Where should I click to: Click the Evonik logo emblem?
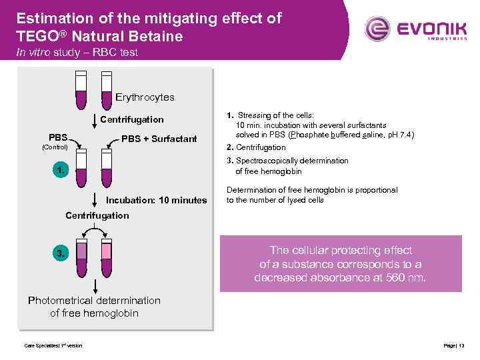coord(378,29)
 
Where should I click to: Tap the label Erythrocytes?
coord(145,97)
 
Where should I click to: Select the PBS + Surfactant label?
coord(159,139)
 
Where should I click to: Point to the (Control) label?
coord(55,145)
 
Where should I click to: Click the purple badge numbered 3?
coord(61,253)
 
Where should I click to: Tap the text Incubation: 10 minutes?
coord(157,200)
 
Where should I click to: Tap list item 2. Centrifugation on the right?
coord(256,147)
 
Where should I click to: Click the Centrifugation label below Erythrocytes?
coord(131,119)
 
